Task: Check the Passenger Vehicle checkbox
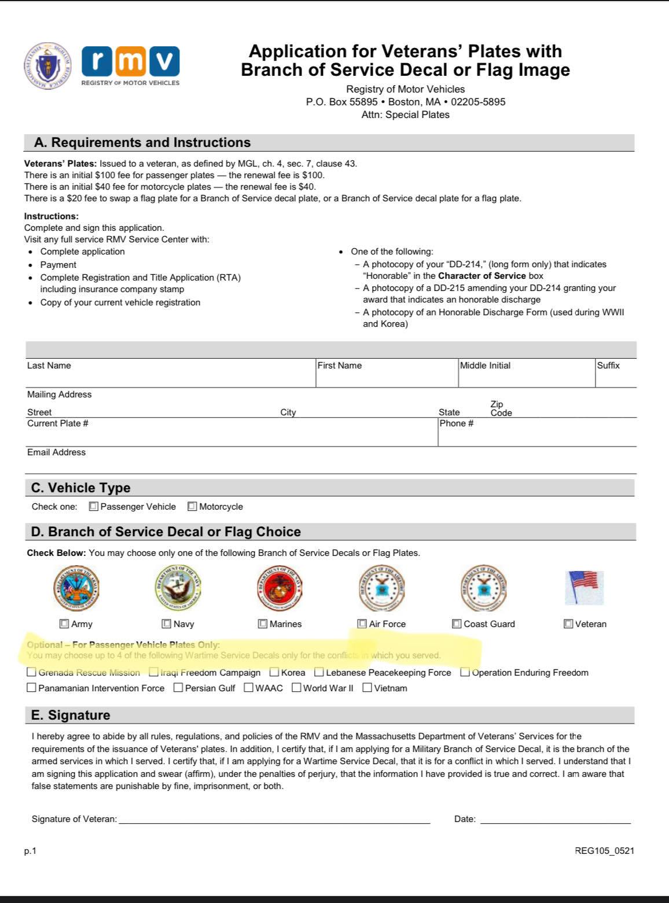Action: [94, 506]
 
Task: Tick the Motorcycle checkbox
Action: [192, 506]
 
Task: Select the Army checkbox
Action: [64, 624]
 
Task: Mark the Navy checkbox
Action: [167, 624]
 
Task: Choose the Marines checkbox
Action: [263, 624]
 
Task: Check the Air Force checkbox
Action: [362, 624]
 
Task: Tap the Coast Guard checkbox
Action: [457, 624]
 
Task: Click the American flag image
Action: [584, 587]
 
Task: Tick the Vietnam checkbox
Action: [367, 688]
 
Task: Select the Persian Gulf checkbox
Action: [178, 688]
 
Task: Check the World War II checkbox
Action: [296, 688]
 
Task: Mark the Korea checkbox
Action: [274, 672]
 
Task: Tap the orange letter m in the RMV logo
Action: [131, 61]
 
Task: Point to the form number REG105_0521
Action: [604, 850]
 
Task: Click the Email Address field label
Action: [56, 452]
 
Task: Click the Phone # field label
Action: [457, 423]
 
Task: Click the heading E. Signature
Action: [71, 715]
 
